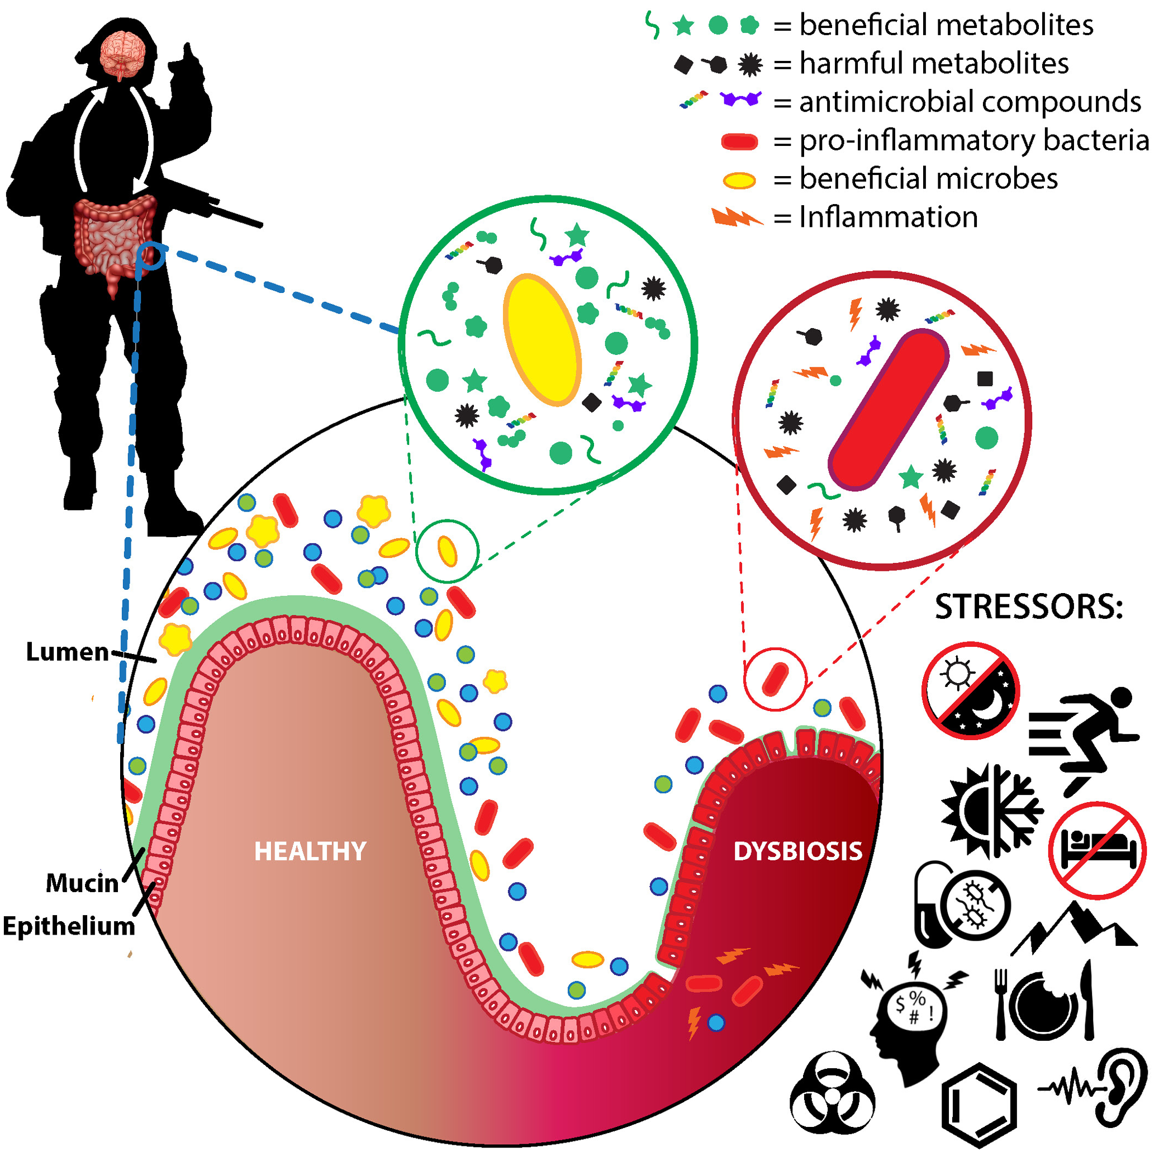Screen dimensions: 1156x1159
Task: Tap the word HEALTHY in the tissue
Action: (310, 851)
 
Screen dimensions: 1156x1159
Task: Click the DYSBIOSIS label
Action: (797, 851)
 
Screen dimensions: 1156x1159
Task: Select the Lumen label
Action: (67, 652)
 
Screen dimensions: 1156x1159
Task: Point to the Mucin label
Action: (82, 883)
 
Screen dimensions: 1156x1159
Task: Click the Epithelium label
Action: (69, 926)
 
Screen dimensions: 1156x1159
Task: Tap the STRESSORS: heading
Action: (1028, 607)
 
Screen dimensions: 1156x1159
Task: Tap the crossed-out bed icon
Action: (1097, 850)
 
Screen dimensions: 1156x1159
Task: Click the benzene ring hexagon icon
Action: (979, 1105)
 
